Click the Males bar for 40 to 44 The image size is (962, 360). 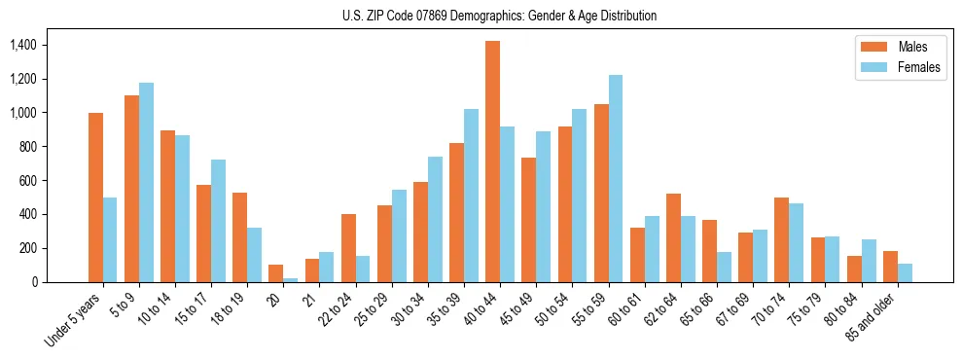[x=492, y=162]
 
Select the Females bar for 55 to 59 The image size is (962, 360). [x=615, y=178]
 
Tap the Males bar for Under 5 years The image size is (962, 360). [x=95, y=198]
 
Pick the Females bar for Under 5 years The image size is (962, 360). [x=110, y=239]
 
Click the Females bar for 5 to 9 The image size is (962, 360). [x=146, y=182]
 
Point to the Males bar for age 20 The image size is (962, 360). [x=276, y=273]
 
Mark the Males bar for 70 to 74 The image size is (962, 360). [x=781, y=239]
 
